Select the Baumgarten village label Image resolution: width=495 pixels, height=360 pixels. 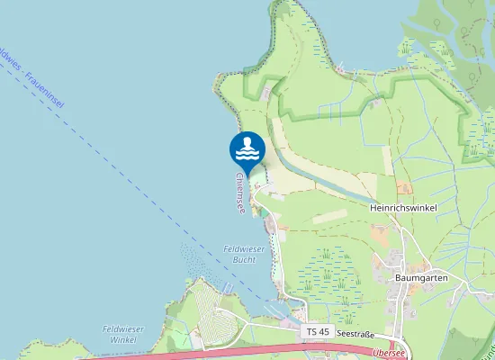click(x=421, y=278)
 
